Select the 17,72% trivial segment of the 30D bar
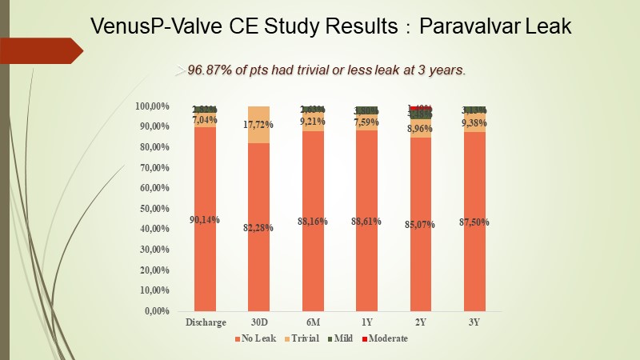coord(258,124)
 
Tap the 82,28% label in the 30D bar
coord(258,228)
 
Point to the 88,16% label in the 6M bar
coord(313,222)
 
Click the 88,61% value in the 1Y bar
coord(367,222)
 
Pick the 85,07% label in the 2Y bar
coord(420,225)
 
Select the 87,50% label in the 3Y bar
coord(475,222)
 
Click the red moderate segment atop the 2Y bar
coord(421,108)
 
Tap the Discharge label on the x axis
coord(206,322)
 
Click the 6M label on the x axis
coord(313,322)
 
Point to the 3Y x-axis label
coord(475,322)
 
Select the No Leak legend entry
coord(257,338)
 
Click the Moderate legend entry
coord(385,338)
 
